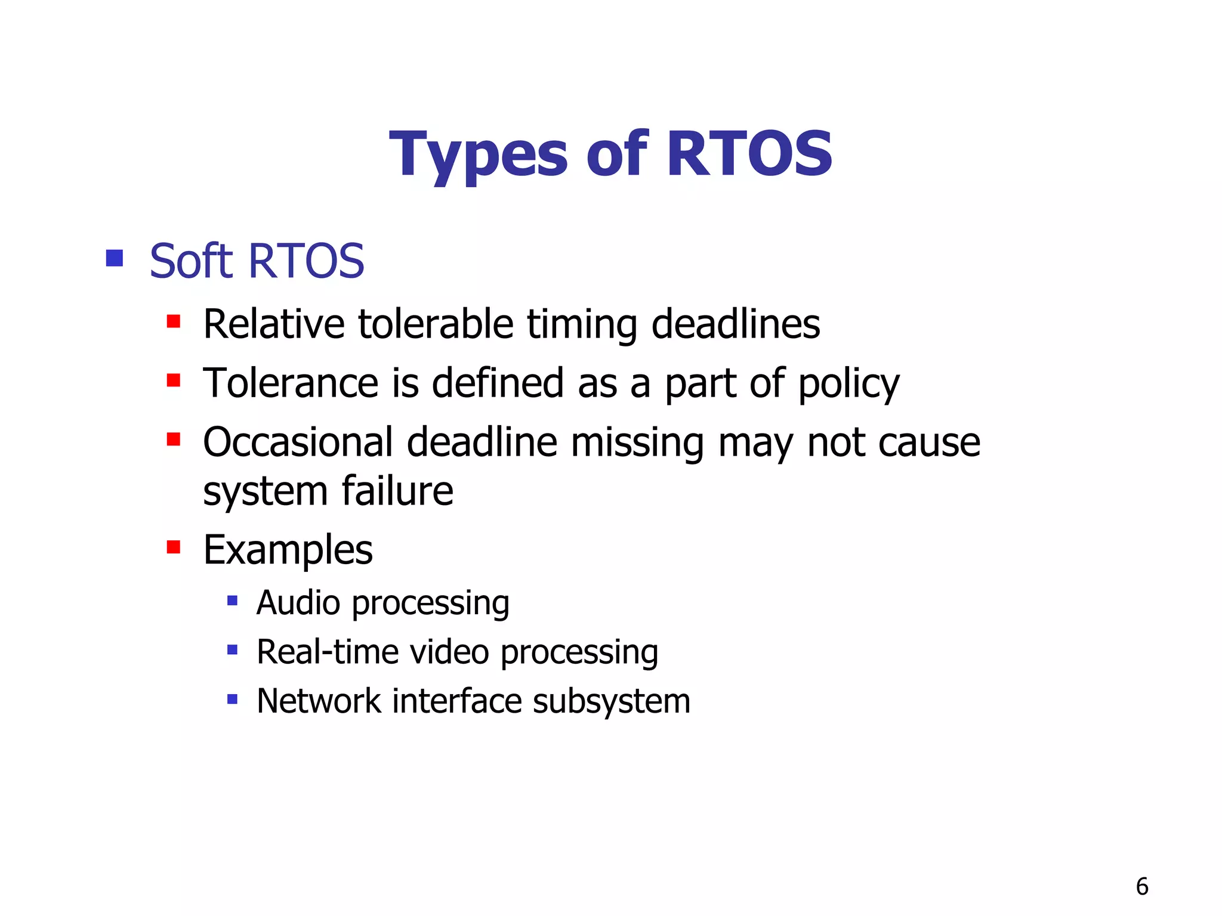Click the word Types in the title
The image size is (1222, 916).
[477, 155]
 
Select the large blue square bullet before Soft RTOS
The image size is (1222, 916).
[114, 258]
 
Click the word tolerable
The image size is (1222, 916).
[436, 324]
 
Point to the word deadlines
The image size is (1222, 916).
[735, 324]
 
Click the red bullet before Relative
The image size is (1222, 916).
[174, 322]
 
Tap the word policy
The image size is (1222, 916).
[848, 385]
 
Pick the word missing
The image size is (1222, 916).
[637, 444]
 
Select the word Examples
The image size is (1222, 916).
[288, 550]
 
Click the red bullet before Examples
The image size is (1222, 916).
[174, 547]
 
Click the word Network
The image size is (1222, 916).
[319, 701]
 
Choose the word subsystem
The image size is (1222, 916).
[611, 702]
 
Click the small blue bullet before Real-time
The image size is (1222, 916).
[233, 649]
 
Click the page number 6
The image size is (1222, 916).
[1141, 887]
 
